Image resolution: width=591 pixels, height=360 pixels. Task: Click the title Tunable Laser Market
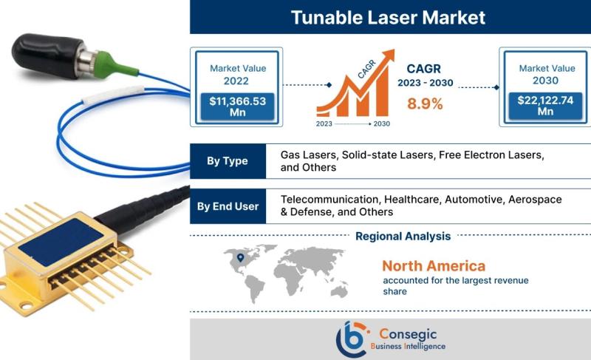(x=388, y=18)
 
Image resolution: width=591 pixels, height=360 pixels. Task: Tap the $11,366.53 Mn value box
(x=237, y=106)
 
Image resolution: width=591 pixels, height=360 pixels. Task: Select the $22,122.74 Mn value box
(x=545, y=106)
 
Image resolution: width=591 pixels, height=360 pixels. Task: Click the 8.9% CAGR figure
(x=425, y=103)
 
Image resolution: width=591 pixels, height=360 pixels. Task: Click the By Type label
(x=228, y=161)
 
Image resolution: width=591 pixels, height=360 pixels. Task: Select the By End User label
(x=228, y=206)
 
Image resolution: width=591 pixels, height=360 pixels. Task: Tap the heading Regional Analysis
(x=403, y=237)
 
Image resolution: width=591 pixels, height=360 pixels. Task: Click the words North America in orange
(x=434, y=266)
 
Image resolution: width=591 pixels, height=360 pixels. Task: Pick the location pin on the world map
(x=241, y=258)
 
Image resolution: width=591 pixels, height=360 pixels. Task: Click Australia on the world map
(x=339, y=291)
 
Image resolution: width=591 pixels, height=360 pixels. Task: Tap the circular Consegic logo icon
(x=352, y=339)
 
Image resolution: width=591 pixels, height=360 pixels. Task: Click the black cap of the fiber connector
(x=47, y=55)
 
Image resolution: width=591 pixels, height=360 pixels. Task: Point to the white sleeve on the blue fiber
(x=113, y=94)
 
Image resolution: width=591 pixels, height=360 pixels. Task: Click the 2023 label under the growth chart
(x=324, y=123)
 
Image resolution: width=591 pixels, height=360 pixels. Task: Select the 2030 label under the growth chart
(x=381, y=123)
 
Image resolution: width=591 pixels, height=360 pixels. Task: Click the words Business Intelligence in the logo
(x=408, y=347)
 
